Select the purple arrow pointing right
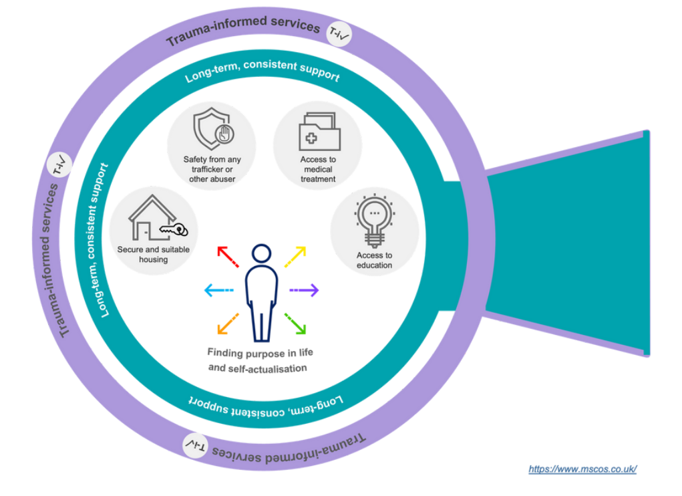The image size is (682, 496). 304,290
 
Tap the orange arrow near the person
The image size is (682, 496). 228,323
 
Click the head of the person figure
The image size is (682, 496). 261,254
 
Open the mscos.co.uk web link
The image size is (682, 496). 582,469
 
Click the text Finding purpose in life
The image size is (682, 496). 257,353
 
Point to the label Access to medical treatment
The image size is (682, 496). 318,170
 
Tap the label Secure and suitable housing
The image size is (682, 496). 154,255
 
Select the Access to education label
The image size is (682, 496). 374,260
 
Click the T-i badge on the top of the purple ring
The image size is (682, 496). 339,32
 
